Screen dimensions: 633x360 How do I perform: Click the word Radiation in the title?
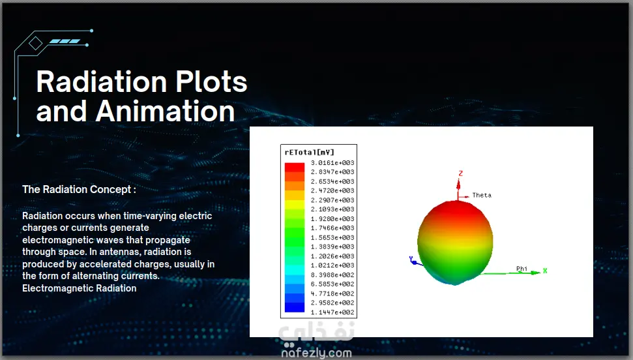click(x=102, y=82)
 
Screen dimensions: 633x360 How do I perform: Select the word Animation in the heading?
click(x=165, y=111)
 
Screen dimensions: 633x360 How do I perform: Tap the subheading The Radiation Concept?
click(x=79, y=190)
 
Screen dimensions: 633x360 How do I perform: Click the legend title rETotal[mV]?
click(x=309, y=153)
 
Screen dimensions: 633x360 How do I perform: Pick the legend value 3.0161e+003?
click(x=332, y=163)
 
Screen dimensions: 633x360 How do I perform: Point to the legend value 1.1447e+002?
click(x=332, y=312)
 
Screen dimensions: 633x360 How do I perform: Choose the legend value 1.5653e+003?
click(x=332, y=237)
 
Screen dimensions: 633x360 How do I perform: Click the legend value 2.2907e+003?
click(x=332, y=200)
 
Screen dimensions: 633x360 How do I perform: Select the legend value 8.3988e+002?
click(x=332, y=275)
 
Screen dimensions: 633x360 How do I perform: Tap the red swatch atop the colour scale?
click(x=295, y=167)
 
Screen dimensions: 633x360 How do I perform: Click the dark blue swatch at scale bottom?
click(x=295, y=307)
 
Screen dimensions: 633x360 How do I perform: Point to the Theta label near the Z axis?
click(x=482, y=195)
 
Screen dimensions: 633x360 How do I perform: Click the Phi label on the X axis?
click(x=522, y=269)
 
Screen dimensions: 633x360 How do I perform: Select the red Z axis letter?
click(x=460, y=173)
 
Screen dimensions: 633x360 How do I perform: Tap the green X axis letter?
click(x=545, y=271)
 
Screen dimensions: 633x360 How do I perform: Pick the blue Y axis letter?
click(x=411, y=258)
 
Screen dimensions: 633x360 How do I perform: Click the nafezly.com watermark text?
click(x=317, y=353)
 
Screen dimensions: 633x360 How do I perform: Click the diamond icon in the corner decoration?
click(x=35, y=43)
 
